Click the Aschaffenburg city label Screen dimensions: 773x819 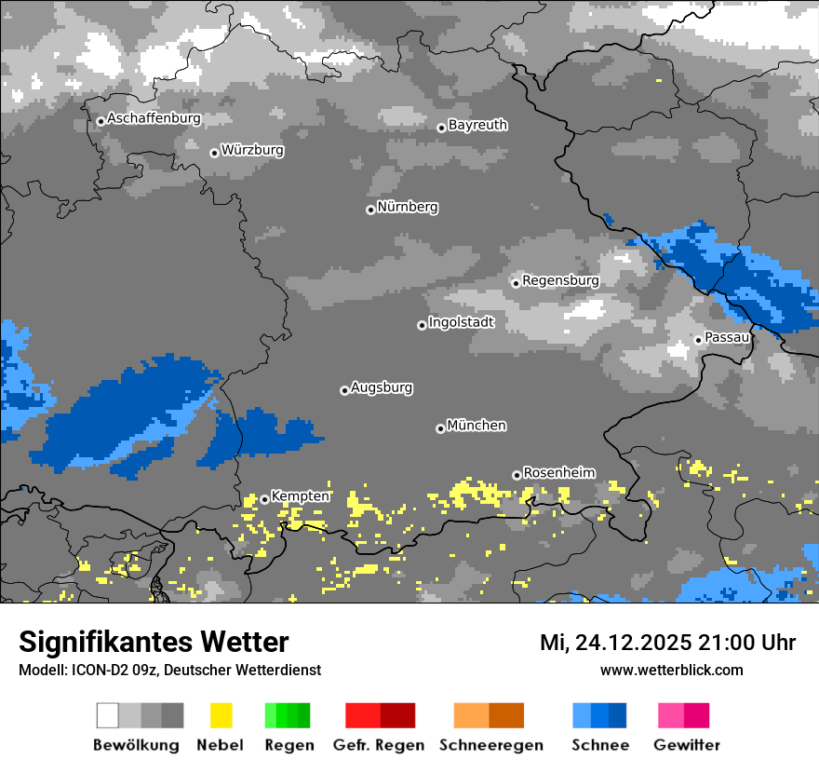point(154,119)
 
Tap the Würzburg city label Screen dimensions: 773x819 point(252,150)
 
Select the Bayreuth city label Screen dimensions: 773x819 point(477,125)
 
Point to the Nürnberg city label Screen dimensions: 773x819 point(407,207)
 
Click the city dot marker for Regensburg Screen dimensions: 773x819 point(516,282)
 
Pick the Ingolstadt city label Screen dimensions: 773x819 point(461,322)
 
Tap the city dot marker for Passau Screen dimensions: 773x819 point(698,340)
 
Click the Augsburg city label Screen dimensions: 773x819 point(381,387)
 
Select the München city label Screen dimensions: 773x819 point(477,426)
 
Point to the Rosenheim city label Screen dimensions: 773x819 point(558,473)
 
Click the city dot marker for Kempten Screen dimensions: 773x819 point(264,499)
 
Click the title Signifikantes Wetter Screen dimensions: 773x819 point(154,642)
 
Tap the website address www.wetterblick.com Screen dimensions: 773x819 point(671,670)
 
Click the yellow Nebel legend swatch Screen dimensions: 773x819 point(221,715)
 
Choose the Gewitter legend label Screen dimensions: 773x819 point(687,745)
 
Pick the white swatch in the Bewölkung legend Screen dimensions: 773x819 point(108,715)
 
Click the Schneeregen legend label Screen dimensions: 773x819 point(490,745)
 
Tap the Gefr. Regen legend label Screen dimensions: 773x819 point(378,745)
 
